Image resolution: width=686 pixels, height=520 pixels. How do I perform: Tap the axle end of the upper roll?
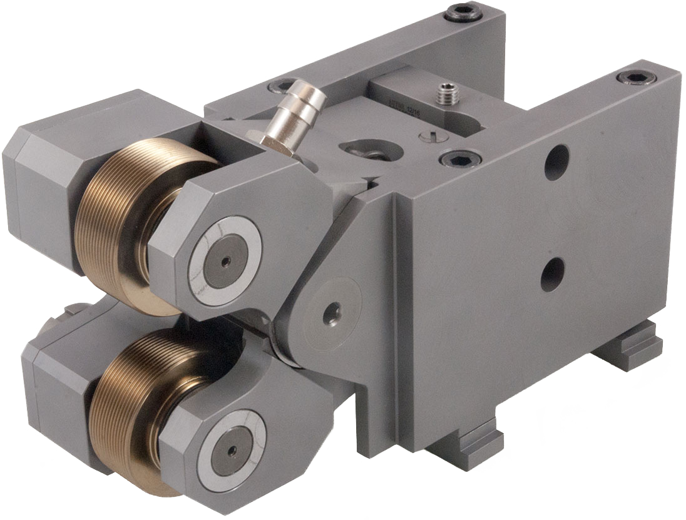[225, 260]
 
